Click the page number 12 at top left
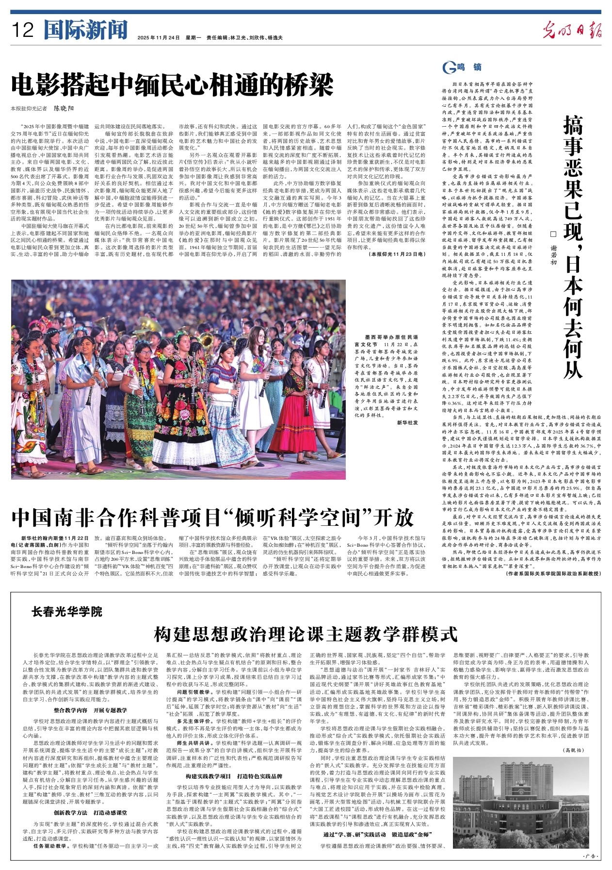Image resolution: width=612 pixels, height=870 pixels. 23,30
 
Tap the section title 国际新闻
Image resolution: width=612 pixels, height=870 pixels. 85,30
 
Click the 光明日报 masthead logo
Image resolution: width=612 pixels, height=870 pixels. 572,30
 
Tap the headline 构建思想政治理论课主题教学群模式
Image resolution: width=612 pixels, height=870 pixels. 306,634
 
